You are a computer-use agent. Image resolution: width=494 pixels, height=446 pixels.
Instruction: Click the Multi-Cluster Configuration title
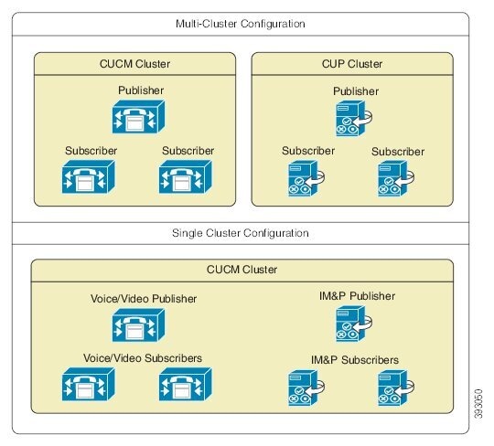coord(240,23)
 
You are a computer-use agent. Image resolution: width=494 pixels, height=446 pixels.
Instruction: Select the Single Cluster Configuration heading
coord(240,233)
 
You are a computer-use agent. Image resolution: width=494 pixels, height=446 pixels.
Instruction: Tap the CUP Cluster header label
coord(352,64)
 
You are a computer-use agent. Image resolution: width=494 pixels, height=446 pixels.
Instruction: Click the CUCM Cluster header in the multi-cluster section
coord(134,64)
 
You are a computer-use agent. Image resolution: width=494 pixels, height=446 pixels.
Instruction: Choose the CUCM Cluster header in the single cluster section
coord(242,270)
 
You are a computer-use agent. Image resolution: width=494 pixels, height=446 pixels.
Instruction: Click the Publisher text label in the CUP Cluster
coord(355,91)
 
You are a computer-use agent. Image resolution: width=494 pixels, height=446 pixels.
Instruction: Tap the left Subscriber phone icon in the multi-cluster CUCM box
coord(88,176)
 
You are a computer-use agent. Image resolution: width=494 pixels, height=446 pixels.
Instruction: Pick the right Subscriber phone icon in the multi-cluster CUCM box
coord(186,176)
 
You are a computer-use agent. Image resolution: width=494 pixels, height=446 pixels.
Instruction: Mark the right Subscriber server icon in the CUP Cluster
coord(394,178)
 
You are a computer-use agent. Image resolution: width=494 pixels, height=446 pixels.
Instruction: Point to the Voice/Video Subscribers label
coord(143,357)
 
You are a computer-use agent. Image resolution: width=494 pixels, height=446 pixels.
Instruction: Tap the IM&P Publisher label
coord(357,296)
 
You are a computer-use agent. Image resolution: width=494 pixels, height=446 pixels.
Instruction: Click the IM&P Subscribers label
coord(356,360)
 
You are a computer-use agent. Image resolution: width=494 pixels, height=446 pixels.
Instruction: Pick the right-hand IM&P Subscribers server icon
coord(394,388)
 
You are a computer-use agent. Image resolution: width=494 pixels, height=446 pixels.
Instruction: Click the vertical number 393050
coord(479,398)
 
